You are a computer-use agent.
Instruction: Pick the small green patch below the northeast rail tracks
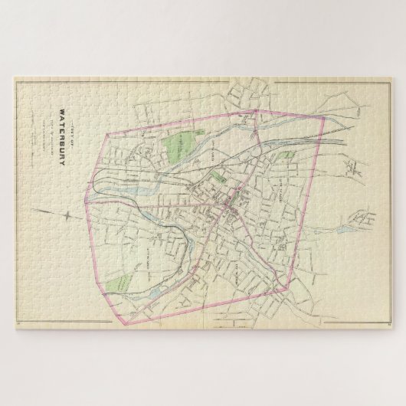[x=287, y=156]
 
